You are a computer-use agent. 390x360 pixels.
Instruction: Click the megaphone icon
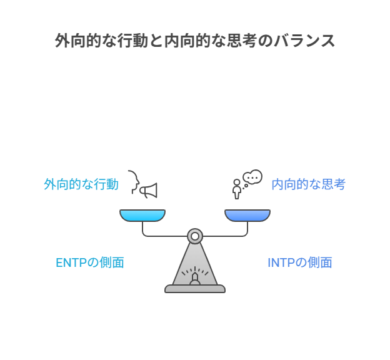tap(149, 190)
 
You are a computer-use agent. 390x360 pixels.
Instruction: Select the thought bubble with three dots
tap(252, 177)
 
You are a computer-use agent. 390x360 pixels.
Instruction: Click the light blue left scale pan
tap(142, 216)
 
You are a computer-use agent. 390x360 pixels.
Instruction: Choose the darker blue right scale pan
tap(247, 216)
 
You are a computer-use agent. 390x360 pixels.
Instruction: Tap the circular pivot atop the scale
tap(195, 236)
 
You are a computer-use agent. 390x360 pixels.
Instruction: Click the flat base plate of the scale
tap(195, 289)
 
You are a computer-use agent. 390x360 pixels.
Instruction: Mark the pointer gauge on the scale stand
tap(195, 274)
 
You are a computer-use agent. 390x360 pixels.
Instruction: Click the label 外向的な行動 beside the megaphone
tap(81, 184)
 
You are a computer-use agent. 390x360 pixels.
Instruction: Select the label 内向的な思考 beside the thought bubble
tap(308, 184)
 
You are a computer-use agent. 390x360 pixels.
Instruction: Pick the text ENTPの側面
tap(90, 262)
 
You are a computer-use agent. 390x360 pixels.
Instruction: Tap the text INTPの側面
tap(299, 262)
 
